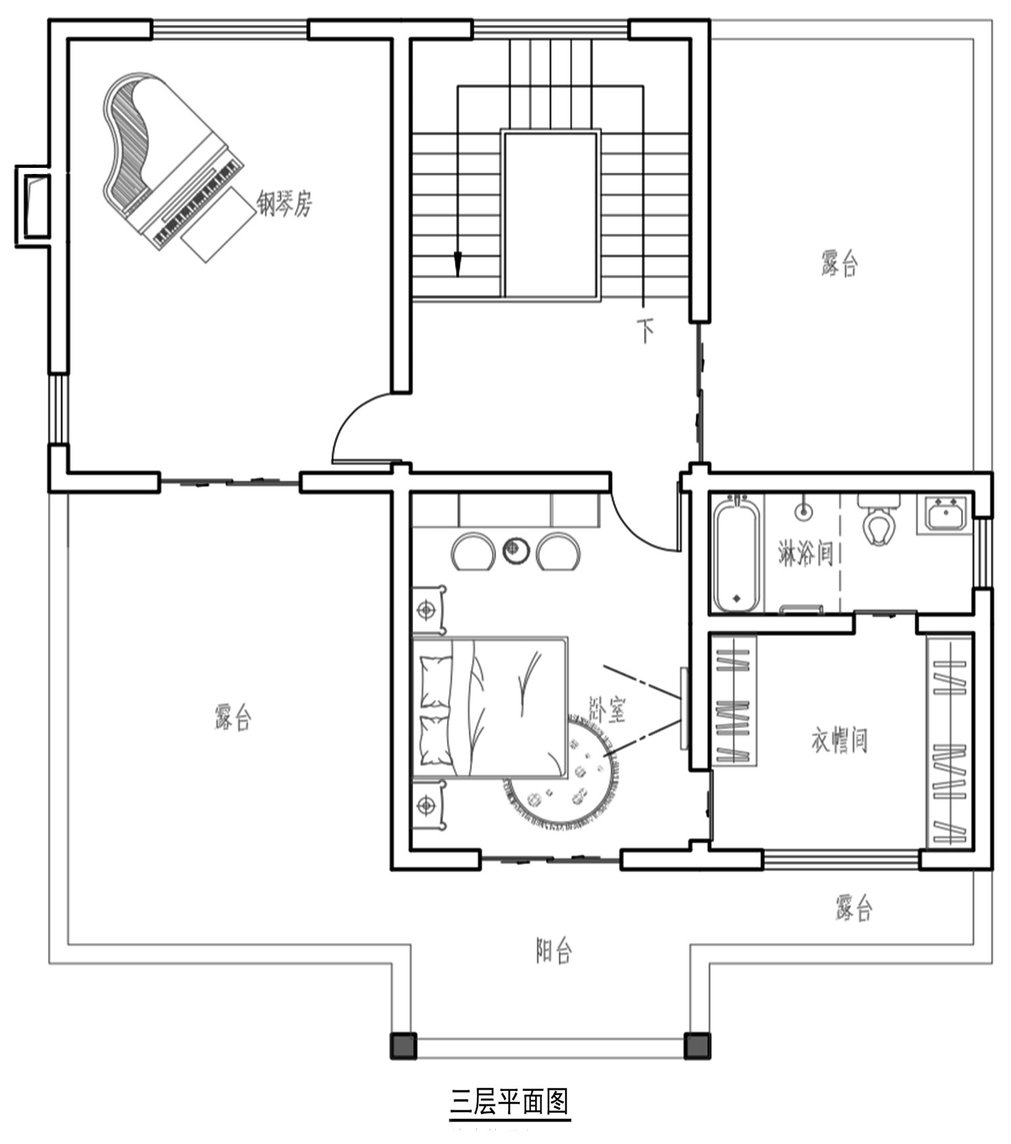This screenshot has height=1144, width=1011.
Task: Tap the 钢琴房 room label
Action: pyautogui.click(x=284, y=202)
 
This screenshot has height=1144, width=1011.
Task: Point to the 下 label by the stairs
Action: pyautogui.click(x=646, y=330)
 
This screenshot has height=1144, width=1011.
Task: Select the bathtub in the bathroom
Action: pyautogui.click(x=737, y=553)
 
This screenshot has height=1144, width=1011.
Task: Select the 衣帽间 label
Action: pyautogui.click(x=839, y=740)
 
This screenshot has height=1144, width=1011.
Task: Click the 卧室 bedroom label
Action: pyautogui.click(x=607, y=709)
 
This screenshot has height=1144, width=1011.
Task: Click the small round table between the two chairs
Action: pyautogui.click(x=515, y=550)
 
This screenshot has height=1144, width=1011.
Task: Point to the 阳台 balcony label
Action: pyautogui.click(x=554, y=951)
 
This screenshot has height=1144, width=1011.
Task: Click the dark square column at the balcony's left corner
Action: pyautogui.click(x=404, y=1045)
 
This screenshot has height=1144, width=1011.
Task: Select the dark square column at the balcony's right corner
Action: pyautogui.click(x=697, y=1045)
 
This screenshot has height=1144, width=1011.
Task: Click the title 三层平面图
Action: pyautogui.click(x=510, y=1102)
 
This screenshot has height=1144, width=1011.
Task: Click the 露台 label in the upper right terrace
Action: pyautogui.click(x=840, y=263)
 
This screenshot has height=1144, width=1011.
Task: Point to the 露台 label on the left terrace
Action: pyautogui.click(x=233, y=717)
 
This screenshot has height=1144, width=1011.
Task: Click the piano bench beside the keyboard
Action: pyautogui.click(x=214, y=224)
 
